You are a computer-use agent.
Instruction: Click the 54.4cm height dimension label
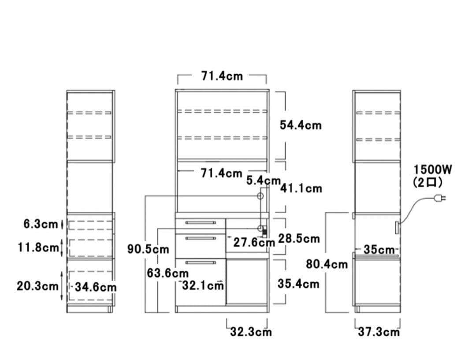301,125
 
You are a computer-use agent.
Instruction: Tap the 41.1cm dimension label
301,188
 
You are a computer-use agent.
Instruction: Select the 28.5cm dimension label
299,239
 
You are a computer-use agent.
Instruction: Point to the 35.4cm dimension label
298,284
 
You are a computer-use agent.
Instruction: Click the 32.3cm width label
251,332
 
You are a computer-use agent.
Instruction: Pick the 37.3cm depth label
379,332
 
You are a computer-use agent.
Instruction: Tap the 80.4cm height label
327,264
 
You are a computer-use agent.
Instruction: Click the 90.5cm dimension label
148,249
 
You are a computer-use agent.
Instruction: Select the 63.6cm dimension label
167,273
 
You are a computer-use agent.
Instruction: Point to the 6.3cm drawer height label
41,224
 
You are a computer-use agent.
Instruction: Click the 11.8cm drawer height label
38,247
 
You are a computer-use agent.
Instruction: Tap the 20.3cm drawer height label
37,286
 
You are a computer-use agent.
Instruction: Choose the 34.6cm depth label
96,287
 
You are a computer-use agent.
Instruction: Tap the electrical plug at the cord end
440,199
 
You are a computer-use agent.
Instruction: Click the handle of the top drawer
201,223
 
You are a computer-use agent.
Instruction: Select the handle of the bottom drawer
201,262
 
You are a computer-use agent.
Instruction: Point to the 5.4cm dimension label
263,181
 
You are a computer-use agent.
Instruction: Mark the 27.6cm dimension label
254,243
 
